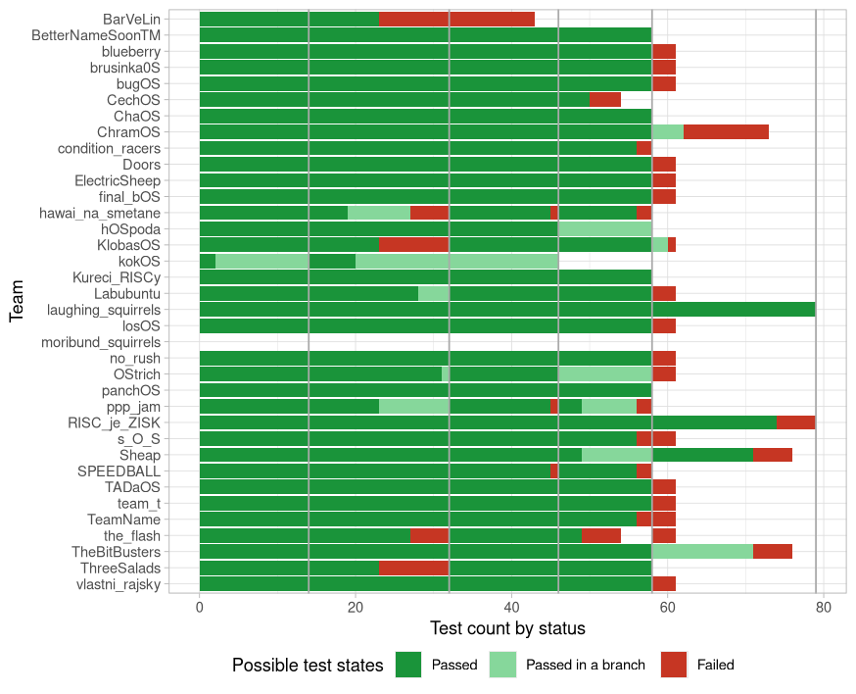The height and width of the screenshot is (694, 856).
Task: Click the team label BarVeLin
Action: [x=132, y=19]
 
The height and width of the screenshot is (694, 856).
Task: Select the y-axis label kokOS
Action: [x=139, y=262]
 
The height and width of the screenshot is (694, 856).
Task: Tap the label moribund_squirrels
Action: [x=101, y=342]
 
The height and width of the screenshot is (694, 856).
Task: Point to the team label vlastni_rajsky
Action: [x=119, y=585]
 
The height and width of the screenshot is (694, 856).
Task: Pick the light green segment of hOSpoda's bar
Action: [x=604, y=229]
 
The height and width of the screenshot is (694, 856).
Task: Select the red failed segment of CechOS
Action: [x=604, y=100]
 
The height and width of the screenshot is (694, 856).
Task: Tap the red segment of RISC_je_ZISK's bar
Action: [x=795, y=422]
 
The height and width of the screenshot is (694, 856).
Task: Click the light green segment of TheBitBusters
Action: [x=702, y=552]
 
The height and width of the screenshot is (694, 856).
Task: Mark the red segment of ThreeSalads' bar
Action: [x=413, y=569]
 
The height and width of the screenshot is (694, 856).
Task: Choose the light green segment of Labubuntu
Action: [x=433, y=294]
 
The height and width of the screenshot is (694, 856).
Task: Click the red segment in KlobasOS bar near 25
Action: [x=413, y=245]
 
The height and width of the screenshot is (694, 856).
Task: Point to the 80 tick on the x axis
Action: [x=823, y=607]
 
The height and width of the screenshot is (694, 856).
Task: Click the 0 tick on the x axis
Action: [x=200, y=607]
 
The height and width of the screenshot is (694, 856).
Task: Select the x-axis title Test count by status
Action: [x=507, y=628]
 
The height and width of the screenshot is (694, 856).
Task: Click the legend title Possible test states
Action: [x=307, y=665]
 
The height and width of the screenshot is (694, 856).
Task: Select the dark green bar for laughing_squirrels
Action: [x=507, y=310]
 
